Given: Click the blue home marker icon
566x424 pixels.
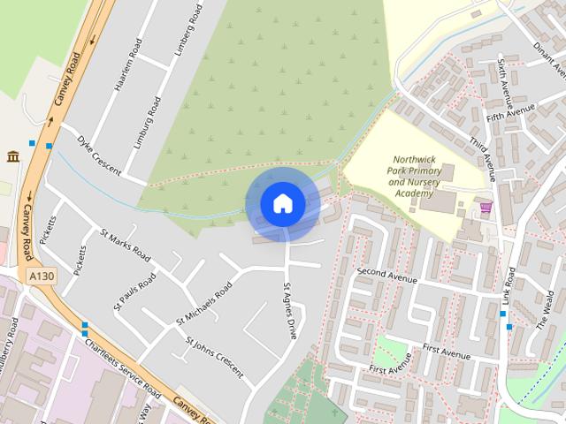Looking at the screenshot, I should tap(282, 203).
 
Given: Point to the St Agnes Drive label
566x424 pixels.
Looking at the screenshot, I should tap(289, 311).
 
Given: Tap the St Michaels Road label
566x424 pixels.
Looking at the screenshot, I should tap(203, 302).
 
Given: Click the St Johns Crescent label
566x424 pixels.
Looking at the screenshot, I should tap(215, 356).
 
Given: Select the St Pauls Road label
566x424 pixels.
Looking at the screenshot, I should tap(134, 291).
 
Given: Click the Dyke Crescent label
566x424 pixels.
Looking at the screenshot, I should tap(98, 155).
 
